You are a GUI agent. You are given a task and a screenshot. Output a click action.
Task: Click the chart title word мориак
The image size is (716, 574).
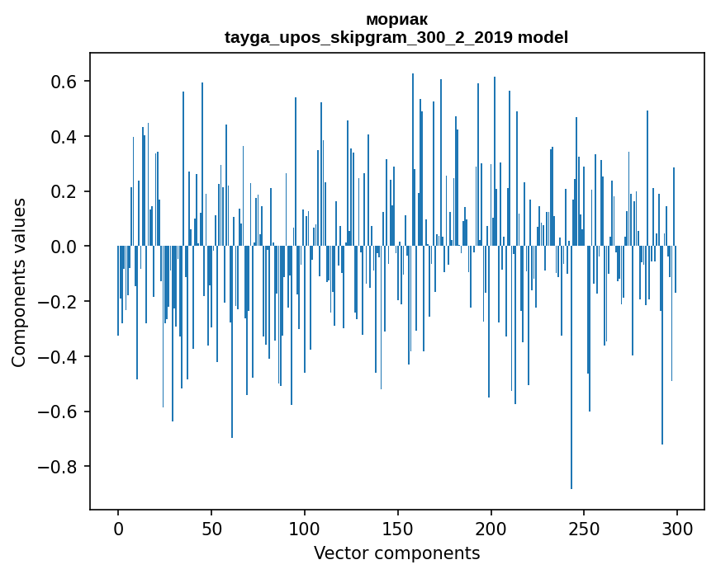click(x=396, y=19)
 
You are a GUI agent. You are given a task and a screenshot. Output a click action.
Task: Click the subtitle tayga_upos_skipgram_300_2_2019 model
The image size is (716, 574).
click(x=396, y=37)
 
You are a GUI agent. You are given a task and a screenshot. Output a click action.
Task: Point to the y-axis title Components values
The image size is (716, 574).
click(x=19, y=282)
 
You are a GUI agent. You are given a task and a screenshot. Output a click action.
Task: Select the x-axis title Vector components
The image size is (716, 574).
click(x=396, y=553)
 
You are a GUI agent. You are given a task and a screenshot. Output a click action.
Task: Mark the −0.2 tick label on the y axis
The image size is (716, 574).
click(x=58, y=302)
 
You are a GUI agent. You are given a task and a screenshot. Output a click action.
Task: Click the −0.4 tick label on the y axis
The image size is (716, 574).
click(x=58, y=357)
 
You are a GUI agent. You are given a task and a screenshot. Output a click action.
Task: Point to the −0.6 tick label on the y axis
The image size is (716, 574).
click(x=58, y=412)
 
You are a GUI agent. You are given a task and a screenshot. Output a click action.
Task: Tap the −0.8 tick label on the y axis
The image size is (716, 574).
click(x=58, y=467)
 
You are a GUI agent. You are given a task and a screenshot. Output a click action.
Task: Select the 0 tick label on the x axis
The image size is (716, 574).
click(x=118, y=527)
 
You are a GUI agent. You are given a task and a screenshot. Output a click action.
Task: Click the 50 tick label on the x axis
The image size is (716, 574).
click(x=211, y=527)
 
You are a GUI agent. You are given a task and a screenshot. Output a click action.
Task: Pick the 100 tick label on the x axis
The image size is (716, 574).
click(x=305, y=527)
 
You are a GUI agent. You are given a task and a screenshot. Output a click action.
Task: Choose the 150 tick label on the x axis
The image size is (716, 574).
click(x=398, y=527)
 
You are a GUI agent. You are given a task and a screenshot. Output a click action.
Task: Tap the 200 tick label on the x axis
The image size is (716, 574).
click(x=491, y=527)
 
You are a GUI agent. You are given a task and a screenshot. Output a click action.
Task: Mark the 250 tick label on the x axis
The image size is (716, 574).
click(x=585, y=527)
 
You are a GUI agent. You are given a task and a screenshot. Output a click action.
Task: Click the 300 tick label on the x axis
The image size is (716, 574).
click(x=678, y=527)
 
